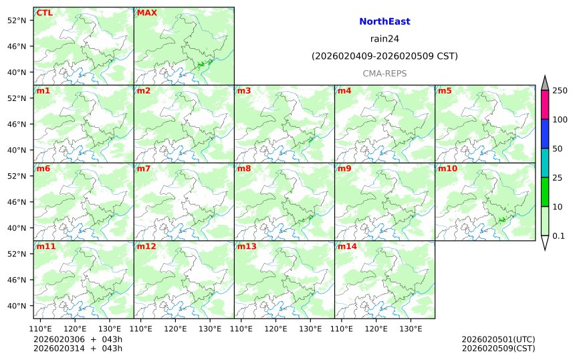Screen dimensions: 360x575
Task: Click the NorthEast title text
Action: point(384,21)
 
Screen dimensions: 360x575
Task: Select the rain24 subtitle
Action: point(384,39)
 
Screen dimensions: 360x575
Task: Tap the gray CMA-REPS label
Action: point(384,74)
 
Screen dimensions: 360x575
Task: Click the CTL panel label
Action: point(44,13)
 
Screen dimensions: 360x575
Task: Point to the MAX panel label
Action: point(146,13)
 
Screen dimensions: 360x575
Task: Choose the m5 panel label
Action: point(445,90)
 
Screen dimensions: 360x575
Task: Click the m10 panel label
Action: point(447,169)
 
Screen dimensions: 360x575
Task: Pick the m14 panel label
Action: point(347,246)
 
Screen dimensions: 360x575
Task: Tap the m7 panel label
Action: point(144,169)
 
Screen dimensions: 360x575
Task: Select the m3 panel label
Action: point(244,90)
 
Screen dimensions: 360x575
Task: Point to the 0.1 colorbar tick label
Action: point(558,236)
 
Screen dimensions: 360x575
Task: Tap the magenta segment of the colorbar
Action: point(545,104)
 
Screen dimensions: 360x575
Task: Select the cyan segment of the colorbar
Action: point(545,163)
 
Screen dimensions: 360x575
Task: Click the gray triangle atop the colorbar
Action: point(545,84)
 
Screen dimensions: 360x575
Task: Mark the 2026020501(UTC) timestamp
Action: point(498,339)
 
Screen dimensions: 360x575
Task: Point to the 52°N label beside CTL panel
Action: point(15,20)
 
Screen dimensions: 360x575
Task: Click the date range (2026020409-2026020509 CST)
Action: point(384,56)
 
